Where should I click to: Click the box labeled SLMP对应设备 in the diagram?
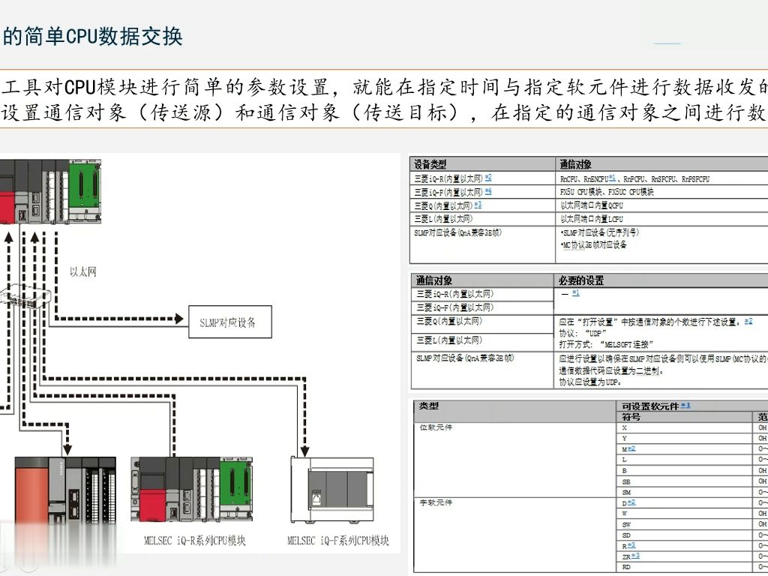227,322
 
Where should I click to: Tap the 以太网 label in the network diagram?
83,271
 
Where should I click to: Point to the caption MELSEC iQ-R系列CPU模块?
195,540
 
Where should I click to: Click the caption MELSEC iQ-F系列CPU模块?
338,540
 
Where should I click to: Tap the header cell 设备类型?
431,163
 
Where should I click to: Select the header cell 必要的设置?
581,280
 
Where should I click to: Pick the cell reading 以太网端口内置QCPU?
592,205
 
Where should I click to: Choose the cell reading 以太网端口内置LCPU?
592,218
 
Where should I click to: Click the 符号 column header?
631,416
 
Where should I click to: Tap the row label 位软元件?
436,427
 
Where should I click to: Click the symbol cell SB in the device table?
625,481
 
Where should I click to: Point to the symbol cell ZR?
626,556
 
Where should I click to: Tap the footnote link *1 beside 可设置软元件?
685,406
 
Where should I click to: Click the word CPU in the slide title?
77,37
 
